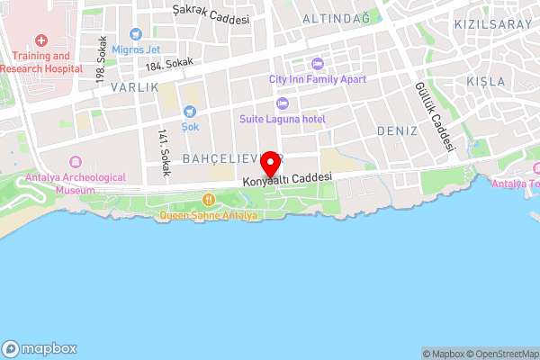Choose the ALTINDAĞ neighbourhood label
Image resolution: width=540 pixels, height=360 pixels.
click(x=336, y=18)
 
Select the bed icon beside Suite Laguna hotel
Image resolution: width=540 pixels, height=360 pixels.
click(x=282, y=103)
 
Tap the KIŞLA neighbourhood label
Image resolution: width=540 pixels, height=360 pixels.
click(x=487, y=81)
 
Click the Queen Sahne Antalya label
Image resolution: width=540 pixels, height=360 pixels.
click(x=209, y=216)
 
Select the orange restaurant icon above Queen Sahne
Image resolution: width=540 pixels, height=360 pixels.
click(x=209, y=200)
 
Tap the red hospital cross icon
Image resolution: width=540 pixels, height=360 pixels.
click(x=40, y=41)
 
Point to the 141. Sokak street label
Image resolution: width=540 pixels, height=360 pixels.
click(x=164, y=149)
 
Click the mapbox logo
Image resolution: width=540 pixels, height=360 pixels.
click(x=40, y=348)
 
